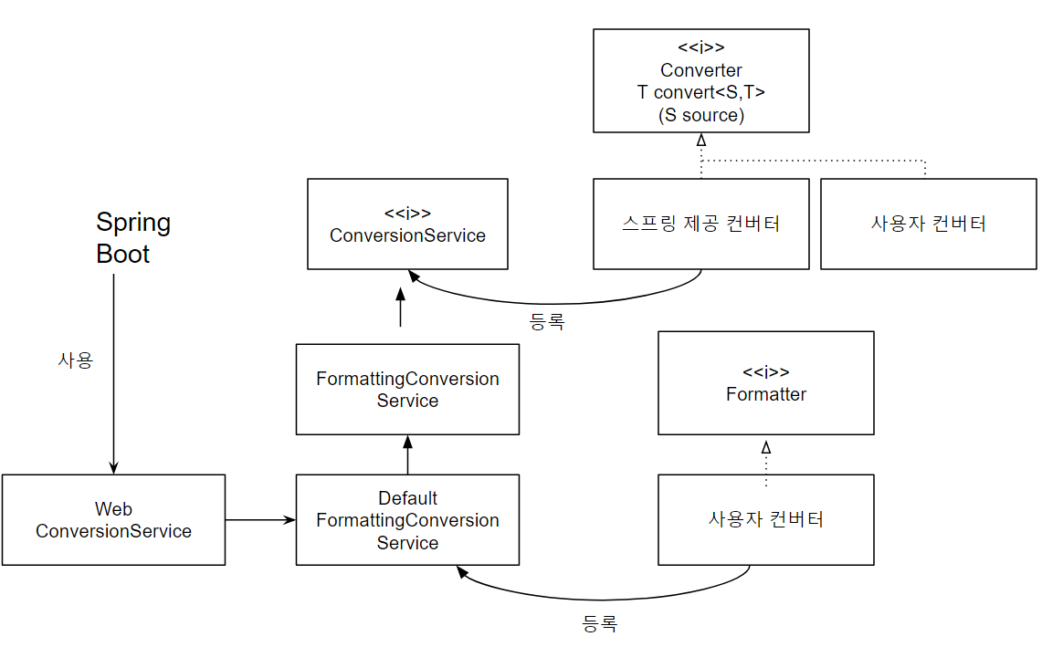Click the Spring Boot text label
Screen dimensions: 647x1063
tap(133, 238)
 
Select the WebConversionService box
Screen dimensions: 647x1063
tap(113, 519)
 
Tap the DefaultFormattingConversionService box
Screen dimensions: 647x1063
tap(407, 520)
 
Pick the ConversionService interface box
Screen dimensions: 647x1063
tap(407, 224)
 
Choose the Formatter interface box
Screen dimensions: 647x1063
tap(766, 383)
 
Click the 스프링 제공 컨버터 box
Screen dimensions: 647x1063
tap(700, 224)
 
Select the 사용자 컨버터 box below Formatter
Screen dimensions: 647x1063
tap(766, 519)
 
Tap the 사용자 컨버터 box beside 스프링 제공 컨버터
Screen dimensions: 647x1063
tap(928, 224)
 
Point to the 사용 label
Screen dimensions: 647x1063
tap(75, 360)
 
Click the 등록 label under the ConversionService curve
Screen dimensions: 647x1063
tap(547, 321)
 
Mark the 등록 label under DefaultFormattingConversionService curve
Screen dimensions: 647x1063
tap(599, 624)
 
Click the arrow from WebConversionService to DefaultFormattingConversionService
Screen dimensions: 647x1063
tap(260, 520)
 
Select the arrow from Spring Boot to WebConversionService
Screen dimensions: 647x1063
tap(113, 374)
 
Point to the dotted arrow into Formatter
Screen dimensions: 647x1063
tap(766, 461)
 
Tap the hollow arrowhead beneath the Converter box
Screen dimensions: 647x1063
tap(700, 140)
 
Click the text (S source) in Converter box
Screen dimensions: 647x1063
tap(700, 115)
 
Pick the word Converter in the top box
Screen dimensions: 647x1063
tap(700, 70)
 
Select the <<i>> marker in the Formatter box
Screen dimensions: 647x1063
tap(766, 372)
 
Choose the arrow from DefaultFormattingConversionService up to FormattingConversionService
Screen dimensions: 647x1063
tap(407, 454)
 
